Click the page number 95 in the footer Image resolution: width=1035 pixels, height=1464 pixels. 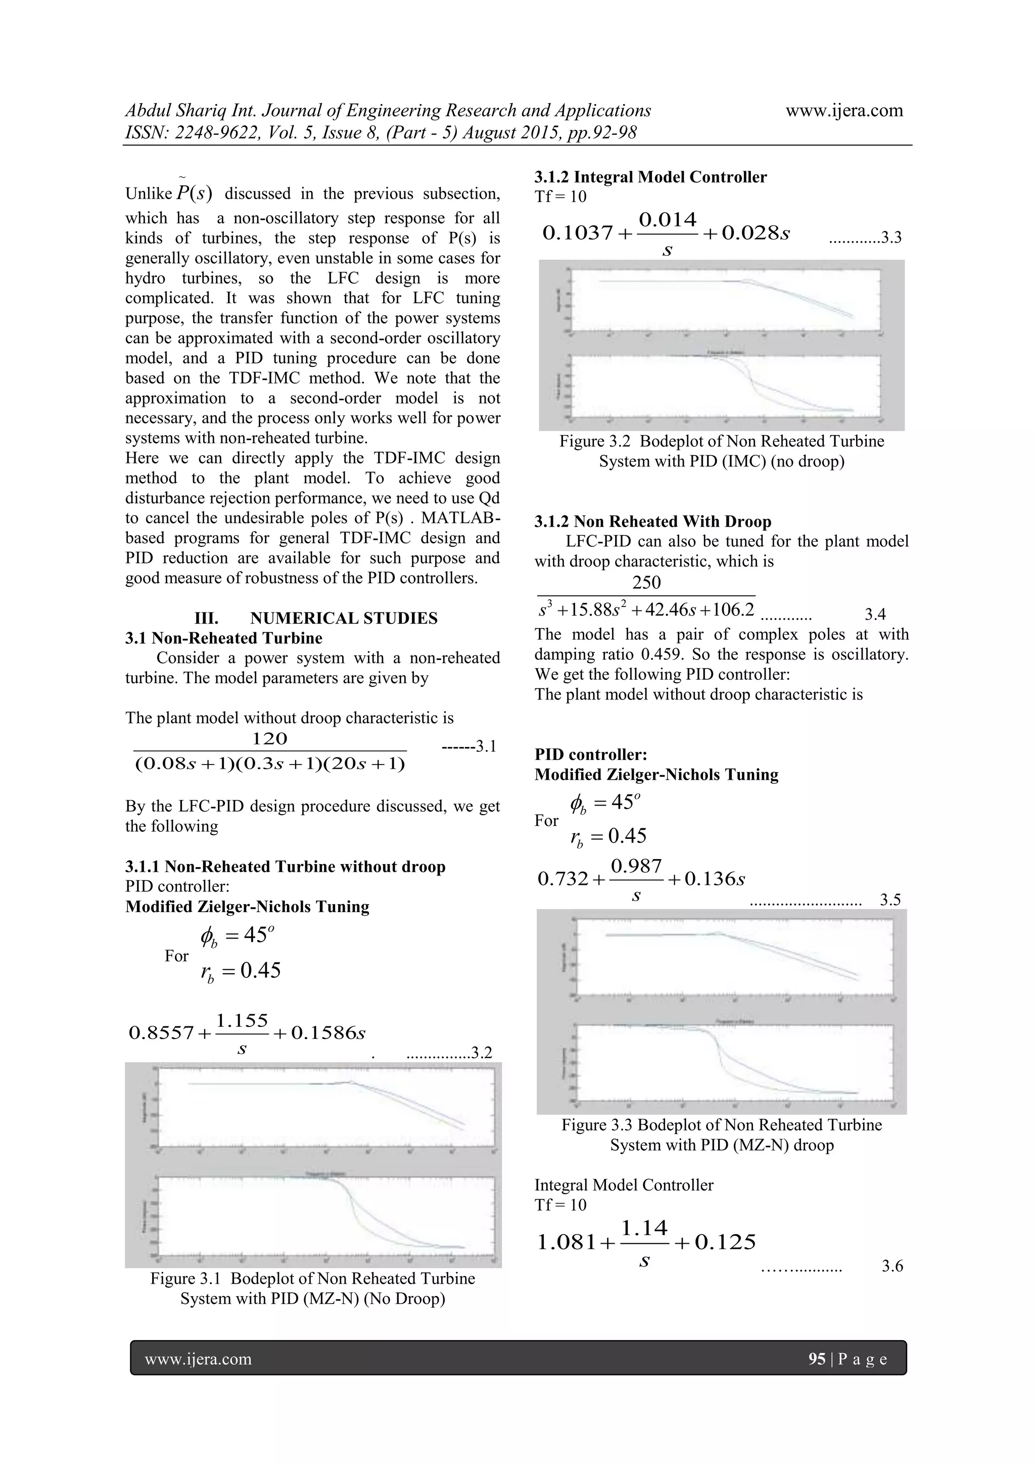point(816,1359)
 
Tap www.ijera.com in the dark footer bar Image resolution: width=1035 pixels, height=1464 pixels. point(198,1359)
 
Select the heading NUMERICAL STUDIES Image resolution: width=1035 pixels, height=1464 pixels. point(344,618)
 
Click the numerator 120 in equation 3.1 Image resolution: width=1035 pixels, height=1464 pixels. point(270,738)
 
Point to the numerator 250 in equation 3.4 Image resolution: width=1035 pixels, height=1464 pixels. point(646,582)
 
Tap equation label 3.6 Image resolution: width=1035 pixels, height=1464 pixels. point(892,1266)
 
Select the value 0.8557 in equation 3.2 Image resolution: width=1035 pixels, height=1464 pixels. point(161,1032)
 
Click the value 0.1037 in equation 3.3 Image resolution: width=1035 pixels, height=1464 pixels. point(577,233)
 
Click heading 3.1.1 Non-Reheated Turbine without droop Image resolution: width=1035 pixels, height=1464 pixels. point(285,867)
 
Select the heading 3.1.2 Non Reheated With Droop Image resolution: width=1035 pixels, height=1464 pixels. point(652,522)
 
